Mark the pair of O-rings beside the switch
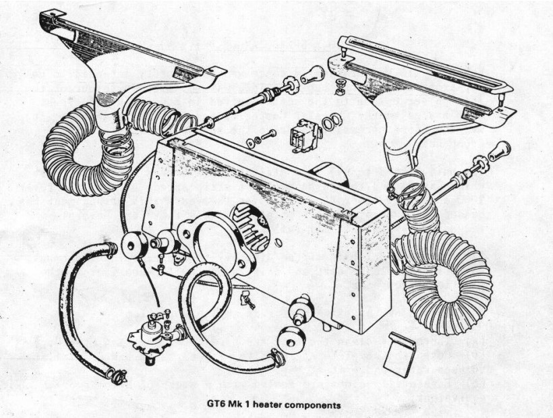(330, 121)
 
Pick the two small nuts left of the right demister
(339, 86)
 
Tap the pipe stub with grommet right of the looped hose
(299, 311)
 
